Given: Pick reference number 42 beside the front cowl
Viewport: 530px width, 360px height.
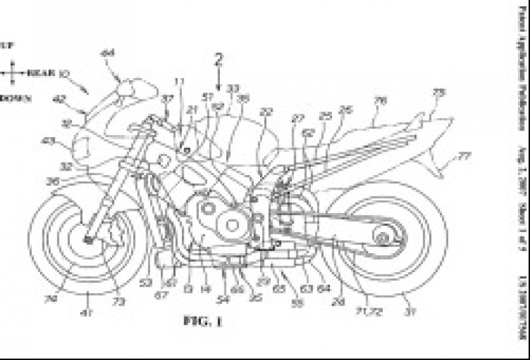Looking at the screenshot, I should [58, 98].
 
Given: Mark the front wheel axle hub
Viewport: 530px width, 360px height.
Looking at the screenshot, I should [90, 240].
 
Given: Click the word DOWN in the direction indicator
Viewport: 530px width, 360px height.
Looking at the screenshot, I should [14, 99].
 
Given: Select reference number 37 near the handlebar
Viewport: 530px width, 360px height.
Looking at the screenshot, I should [167, 99].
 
